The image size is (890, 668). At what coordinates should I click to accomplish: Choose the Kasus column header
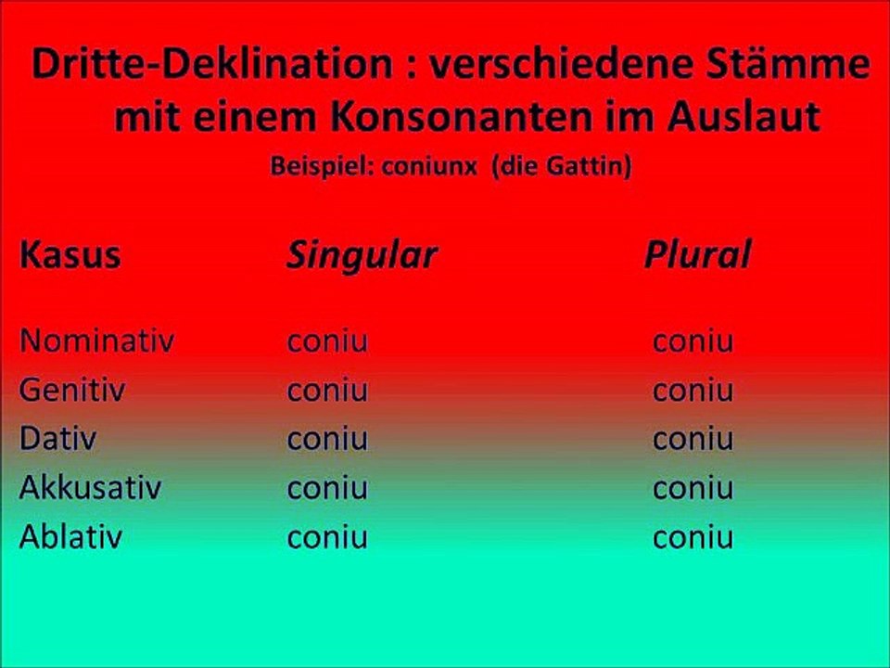pyautogui.click(x=70, y=256)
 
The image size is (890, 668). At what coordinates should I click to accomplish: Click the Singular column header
pyautogui.click(x=361, y=256)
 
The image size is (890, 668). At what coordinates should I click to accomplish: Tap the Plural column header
pyautogui.click(x=697, y=256)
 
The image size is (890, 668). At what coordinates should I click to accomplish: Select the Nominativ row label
pyautogui.click(x=96, y=341)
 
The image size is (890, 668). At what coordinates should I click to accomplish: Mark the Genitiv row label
pyautogui.click(x=72, y=391)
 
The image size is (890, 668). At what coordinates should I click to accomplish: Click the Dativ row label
pyautogui.click(x=57, y=439)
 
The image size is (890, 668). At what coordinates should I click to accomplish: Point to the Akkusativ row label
pyautogui.click(x=91, y=488)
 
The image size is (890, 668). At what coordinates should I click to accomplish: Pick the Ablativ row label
pyautogui.click(x=70, y=537)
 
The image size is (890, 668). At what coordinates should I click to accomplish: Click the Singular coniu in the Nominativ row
pyautogui.click(x=327, y=341)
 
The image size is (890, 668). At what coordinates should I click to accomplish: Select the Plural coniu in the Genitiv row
pyautogui.click(x=693, y=391)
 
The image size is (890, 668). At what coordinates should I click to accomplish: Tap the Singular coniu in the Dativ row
pyautogui.click(x=327, y=439)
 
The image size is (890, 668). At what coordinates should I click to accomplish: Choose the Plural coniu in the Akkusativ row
pyautogui.click(x=693, y=488)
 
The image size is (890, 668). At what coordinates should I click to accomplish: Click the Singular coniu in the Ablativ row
pyautogui.click(x=327, y=537)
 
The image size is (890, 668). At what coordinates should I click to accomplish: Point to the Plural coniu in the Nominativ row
pyautogui.click(x=693, y=341)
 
